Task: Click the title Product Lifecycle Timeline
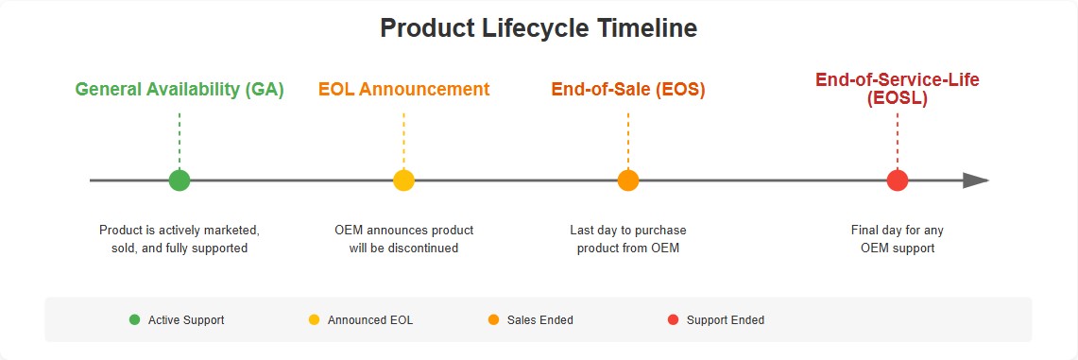tap(539, 28)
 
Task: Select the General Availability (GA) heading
tap(180, 90)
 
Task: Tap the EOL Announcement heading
tap(403, 90)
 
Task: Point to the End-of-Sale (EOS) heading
tap(628, 90)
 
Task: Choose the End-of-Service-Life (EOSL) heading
tap(897, 89)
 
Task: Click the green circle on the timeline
tap(180, 180)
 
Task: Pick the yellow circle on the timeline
tap(403, 180)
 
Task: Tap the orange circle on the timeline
tap(628, 180)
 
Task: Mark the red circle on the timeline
tap(898, 180)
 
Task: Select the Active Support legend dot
tap(134, 320)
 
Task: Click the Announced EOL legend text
tap(369, 320)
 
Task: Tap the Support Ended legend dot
tap(673, 320)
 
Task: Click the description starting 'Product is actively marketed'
tap(180, 239)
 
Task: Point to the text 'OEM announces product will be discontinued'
tap(403, 239)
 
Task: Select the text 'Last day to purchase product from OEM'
tap(628, 239)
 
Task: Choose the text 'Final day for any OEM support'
tap(897, 239)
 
